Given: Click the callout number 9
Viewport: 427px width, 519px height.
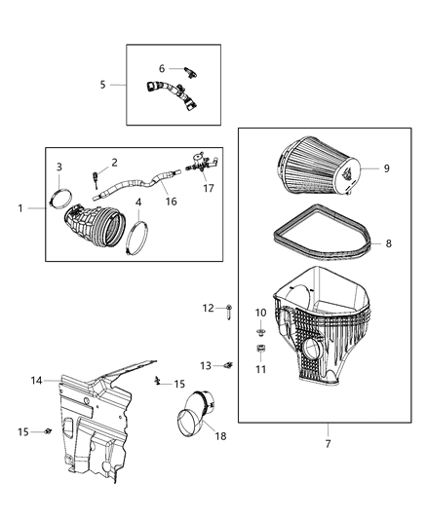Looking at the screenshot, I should point(387,168).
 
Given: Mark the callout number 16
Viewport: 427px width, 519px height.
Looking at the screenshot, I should point(171,201).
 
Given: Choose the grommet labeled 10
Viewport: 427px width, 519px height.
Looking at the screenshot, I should point(260,328).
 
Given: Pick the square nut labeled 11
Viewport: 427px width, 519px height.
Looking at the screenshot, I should point(260,350).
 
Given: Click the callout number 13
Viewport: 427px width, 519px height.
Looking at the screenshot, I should point(206,365).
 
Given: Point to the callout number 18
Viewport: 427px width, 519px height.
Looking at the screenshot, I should point(220,436).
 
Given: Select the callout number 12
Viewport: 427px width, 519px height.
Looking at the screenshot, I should point(207,308).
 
